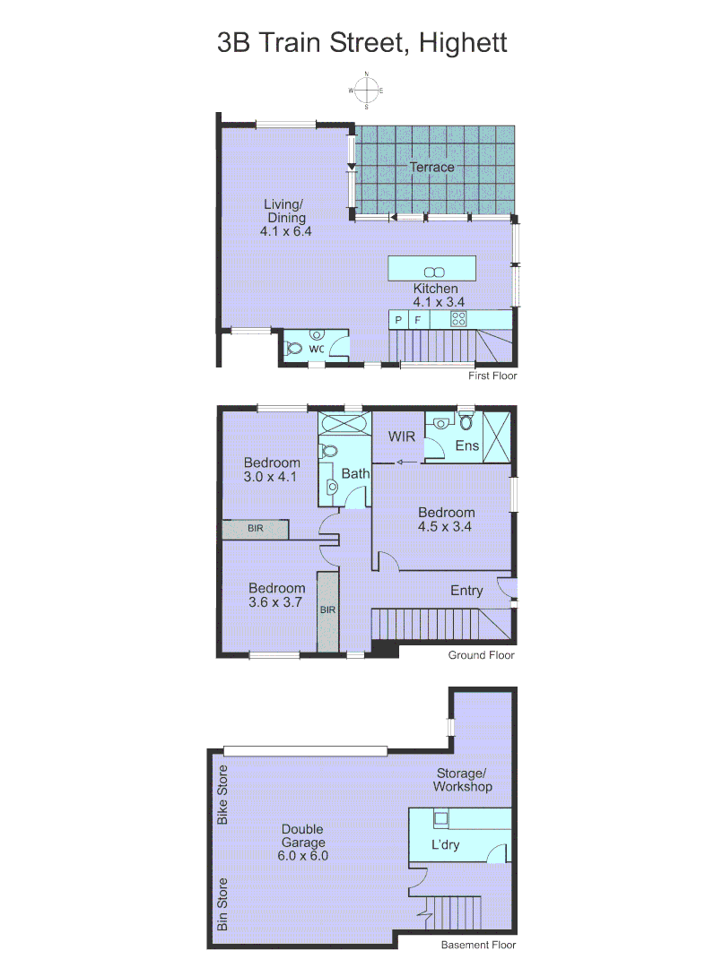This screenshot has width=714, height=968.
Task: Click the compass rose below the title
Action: pyautogui.click(x=366, y=91)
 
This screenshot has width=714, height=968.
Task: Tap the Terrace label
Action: pyautogui.click(x=431, y=167)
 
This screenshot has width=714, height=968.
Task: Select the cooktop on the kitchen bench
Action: pyautogui.click(x=458, y=318)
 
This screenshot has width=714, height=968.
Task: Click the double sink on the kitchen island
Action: pyautogui.click(x=432, y=272)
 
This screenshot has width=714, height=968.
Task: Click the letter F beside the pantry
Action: pyautogui.click(x=418, y=319)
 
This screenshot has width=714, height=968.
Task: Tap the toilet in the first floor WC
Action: pyautogui.click(x=293, y=349)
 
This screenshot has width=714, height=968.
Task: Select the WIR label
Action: pyautogui.click(x=400, y=436)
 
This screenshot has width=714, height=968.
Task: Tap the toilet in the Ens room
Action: pyautogui.click(x=440, y=423)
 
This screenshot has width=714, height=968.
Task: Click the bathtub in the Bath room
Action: pyautogui.click(x=344, y=424)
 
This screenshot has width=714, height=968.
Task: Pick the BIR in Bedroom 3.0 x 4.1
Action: pyautogui.click(x=256, y=530)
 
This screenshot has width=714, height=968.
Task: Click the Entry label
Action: pyautogui.click(x=466, y=591)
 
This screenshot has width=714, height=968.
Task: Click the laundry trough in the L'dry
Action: pyautogui.click(x=441, y=817)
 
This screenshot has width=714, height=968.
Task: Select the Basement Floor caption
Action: pyautogui.click(x=478, y=945)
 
